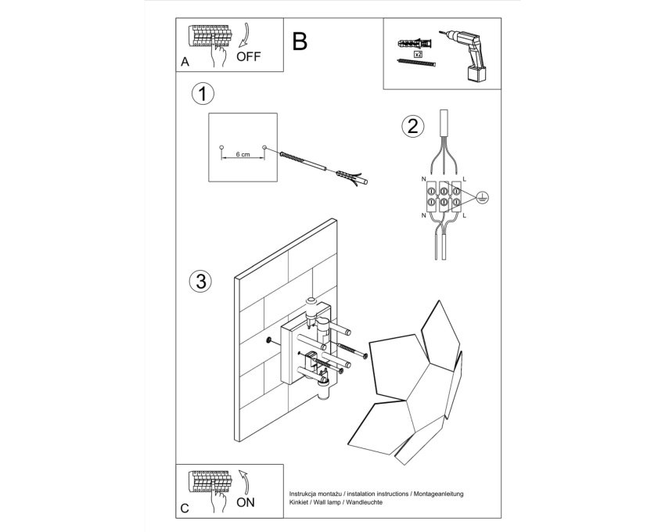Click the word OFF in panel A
pos(248,56)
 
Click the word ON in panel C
pos(246,502)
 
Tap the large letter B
pos(300,41)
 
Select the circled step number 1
pos(203,94)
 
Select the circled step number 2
pos(412,126)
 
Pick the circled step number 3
pos(200,281)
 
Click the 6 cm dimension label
pos(243,154)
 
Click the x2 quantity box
pos(418,54)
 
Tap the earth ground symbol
pos(482,196)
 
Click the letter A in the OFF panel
pos(185,62)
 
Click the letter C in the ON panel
pos(185,509)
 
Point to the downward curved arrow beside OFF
pos(245,34)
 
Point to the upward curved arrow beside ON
pos(244,481)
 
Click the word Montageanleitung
pos(439,494)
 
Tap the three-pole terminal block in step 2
pos(444,196)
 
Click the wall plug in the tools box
pos(415,44)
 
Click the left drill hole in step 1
pos(221,148)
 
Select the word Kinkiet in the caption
pos(299,502)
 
